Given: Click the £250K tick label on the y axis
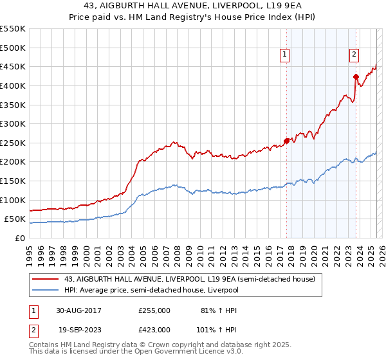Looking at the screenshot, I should (12, 143).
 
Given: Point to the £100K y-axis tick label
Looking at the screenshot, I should (12, 200).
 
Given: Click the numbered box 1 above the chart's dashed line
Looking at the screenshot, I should (284, 55).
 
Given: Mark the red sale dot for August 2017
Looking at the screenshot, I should (287, 141).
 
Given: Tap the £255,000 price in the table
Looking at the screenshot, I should (154, 310).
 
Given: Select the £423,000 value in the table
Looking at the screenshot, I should (154, 329).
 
